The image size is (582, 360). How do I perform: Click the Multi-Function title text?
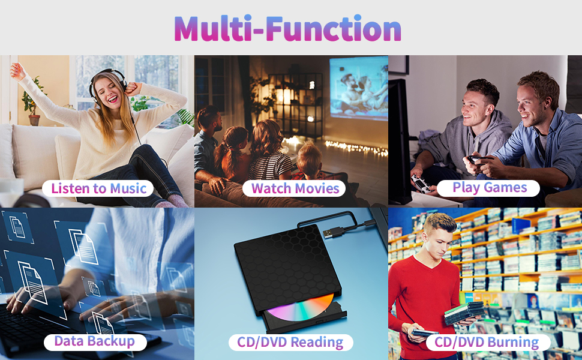click(x=287, y=28)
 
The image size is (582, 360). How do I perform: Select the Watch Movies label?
click(x=295, y=188)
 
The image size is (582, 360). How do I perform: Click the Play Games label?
click(x=489, y=188)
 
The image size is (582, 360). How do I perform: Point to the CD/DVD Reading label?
click(x=290, y=342)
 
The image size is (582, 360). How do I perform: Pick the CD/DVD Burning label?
click(x=487, y=342)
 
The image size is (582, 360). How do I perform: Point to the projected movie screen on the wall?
click(x=358, y=88)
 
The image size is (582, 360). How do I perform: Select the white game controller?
click(x=421, y=184)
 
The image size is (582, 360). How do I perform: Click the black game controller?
click(x=476, y=160)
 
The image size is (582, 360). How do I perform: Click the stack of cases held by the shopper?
click(x=464, y=313)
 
